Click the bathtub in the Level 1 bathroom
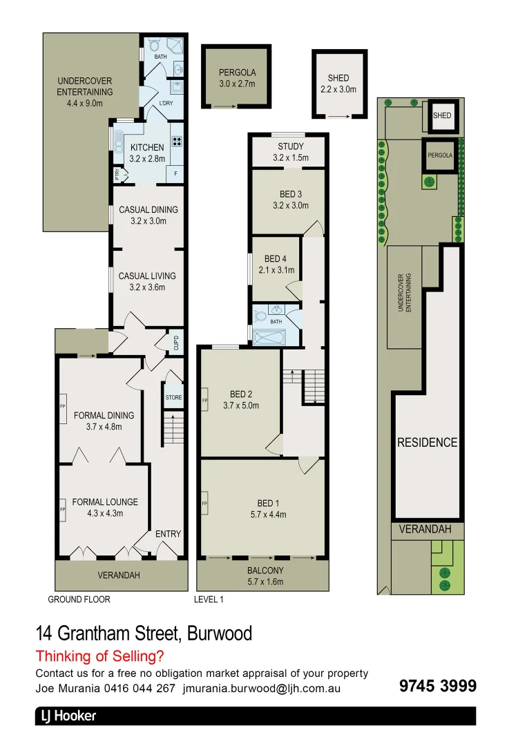tap(275, 337)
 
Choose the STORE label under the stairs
tap(173, 397)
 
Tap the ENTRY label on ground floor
tap(168, 534)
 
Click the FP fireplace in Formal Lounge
tap(62, 509)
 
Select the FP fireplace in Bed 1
tap(204, 504)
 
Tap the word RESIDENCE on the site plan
tap(427, 442)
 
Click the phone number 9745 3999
tap(438, 686)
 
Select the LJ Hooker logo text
tap(66, 716)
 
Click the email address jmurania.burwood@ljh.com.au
tap(262, 689)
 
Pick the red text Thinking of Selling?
tap(100, 656)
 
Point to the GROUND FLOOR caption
tap(79, 600)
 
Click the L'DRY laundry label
tap(166, 104)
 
